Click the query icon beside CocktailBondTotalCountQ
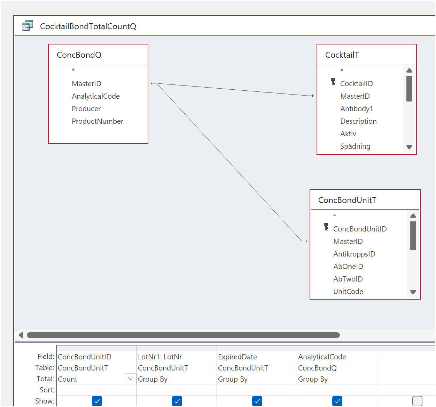28,25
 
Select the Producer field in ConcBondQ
86,109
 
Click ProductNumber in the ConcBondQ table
98,121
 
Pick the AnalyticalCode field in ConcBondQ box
96,96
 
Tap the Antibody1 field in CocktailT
356,109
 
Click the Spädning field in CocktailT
355,146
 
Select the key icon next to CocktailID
333,82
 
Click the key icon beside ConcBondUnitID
326,227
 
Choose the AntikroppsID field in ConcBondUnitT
354,254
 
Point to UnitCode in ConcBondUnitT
348,292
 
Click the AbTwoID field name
348,279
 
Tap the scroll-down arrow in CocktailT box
409,147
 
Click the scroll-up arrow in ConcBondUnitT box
413,215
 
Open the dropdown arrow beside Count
131,379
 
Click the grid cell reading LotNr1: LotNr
160,357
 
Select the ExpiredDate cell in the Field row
237,357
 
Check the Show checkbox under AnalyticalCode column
337,401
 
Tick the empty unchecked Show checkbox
417,401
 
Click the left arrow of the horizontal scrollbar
21,335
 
